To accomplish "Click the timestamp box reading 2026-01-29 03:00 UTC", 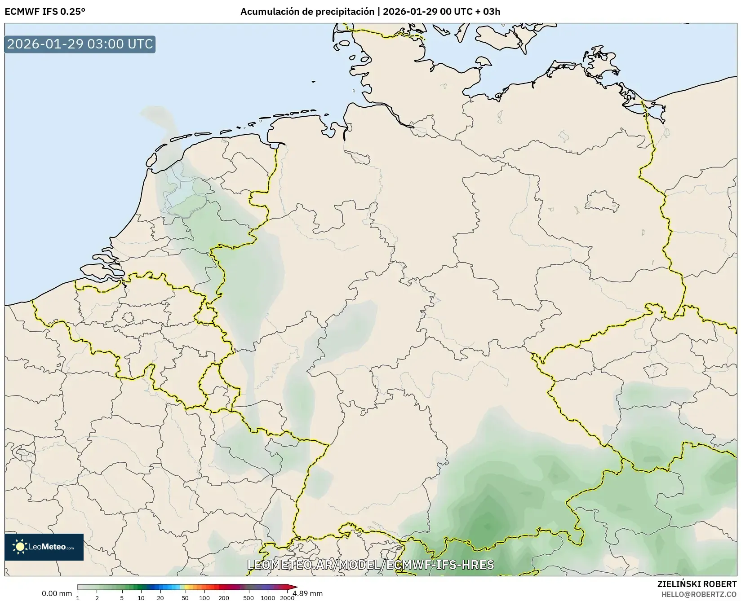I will [80, 44].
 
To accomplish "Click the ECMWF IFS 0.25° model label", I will [44, 12].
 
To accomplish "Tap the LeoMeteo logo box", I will [44, 547].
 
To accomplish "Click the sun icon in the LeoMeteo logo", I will [20, 547].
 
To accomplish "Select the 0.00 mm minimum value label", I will [57, 593].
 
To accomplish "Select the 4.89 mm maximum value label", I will [307, 593].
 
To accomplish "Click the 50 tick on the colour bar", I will [185, 597].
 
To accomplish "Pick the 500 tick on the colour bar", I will [248, 597].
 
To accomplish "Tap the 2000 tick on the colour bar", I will [287, 597].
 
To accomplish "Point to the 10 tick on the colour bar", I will [141, 597].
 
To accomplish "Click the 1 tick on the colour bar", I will [78, 597].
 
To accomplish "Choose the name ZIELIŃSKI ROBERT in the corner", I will [697, 584].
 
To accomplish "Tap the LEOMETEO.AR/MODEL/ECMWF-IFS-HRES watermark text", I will [371, 565].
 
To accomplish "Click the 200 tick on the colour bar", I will [224, 597].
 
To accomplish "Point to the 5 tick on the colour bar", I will [122, 597].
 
